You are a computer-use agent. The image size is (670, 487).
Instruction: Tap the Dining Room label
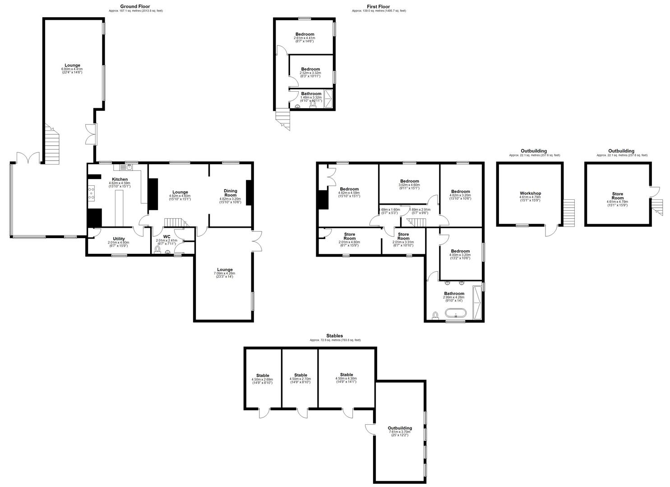tap(230, 193)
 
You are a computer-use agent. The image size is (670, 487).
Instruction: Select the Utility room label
tap(119, 239)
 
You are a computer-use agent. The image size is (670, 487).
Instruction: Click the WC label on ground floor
tap(166, 236)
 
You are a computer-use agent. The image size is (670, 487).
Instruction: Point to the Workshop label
tap(530, 193)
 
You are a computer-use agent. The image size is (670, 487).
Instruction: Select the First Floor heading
tap(378, 6)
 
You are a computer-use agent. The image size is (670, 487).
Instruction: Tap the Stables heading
tap(334, 336)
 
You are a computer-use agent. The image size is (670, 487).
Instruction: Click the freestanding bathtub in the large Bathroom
tap(455, 313)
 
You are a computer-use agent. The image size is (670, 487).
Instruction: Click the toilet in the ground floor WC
tap(157, 249)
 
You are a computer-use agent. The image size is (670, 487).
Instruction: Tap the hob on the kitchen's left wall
tap(91, 193)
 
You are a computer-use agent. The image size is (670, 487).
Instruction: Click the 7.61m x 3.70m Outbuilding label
tap(400, 428)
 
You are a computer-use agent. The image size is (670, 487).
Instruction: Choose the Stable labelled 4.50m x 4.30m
tap(347, 375)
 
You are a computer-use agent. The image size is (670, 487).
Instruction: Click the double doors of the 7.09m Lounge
tap(256, 240)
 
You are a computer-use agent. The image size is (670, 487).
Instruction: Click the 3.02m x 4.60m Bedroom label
tap(409, 181)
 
